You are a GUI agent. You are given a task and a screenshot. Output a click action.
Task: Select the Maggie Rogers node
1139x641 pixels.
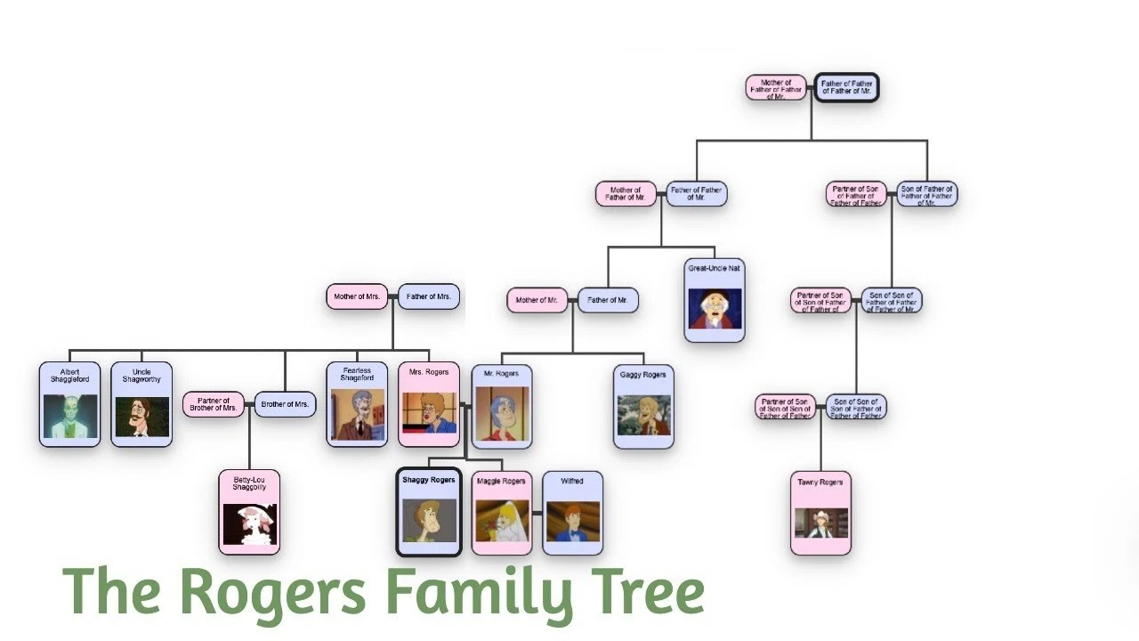(501, 513)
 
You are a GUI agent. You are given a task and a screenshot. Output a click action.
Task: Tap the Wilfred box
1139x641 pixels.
(572, 513)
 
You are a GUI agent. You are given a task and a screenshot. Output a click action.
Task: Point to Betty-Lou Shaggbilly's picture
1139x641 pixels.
(249, 524)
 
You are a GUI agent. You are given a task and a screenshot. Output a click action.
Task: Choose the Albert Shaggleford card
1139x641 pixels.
(69, 404)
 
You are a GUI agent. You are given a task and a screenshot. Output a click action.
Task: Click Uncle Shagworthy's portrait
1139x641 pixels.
(141, 417)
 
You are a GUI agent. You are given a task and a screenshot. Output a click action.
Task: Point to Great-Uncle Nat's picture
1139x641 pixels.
(715, 308)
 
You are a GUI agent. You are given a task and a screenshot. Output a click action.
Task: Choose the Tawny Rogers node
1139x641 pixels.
(820, 513)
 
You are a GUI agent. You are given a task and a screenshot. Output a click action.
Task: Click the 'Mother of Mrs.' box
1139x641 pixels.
(357, 296)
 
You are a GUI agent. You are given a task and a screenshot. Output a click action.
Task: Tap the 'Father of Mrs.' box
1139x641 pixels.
(429, 296)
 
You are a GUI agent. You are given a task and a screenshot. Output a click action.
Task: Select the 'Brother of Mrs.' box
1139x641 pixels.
(285, 404)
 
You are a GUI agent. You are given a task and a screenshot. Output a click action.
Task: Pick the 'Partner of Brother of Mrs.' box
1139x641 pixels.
(214, 404)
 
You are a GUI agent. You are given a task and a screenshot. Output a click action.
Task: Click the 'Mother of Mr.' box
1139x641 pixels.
(537, 300)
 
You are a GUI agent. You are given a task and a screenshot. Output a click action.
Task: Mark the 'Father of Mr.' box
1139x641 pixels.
(608, 300)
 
